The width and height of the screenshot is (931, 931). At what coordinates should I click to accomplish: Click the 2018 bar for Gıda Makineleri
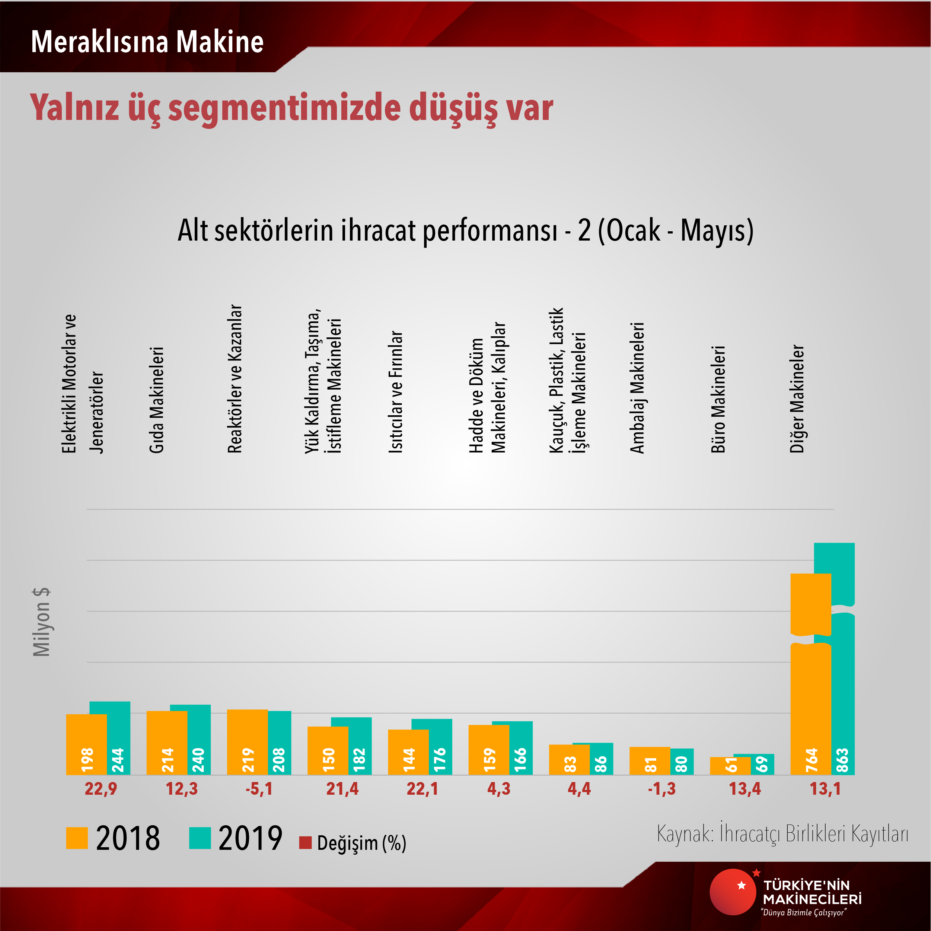[x=167, y=743]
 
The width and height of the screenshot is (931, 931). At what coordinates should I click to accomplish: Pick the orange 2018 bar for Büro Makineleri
[x=730, y=766]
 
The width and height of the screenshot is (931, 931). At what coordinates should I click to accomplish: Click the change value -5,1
[x=259, y=789]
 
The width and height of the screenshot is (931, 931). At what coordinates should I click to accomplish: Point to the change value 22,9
[x=101, y=789]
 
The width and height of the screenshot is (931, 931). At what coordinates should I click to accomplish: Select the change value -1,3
[x=661, y=789]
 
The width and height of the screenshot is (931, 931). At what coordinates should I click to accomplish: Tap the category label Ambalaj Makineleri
[x=637, y=388]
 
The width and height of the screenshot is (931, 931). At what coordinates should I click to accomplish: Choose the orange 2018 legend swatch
[x=77, y=838]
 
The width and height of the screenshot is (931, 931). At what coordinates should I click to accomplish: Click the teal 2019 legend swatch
[x=200, y=838]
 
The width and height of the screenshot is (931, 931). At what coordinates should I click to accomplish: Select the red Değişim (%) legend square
[x=305, y=843]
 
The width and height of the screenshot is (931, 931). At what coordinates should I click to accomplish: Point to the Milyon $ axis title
[x=42, y=622]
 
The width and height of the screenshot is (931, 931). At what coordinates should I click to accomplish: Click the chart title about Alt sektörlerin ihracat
[x=465, y=231]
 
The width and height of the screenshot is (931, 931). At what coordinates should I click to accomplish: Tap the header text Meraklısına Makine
[x=147, y=42]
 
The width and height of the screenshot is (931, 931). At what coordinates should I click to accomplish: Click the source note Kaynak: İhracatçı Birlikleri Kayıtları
[x=782, y=833]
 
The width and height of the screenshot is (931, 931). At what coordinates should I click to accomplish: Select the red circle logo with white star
[x=733, y=892]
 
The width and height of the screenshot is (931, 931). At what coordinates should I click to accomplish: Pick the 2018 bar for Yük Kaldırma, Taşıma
[x=328, y=750]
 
